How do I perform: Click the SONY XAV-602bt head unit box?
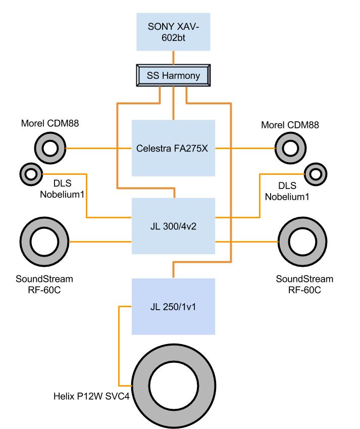tap(173, 31)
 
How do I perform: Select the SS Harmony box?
tap(173, 76)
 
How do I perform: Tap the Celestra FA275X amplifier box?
tap(173, 149)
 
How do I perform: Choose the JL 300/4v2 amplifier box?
tap(173, 225)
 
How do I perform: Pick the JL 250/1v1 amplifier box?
tap(173, 306)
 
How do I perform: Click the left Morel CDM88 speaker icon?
tap(50, 149)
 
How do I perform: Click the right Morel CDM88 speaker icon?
tap(291, 149)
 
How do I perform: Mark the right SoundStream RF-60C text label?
tap(304, 284)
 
